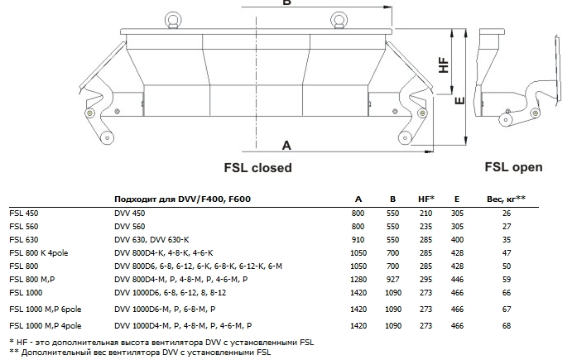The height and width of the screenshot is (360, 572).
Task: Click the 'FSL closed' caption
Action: pyautogui.click(x=257, y=167)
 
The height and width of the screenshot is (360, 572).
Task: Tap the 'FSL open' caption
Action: pyautogui.click(x=513, y=166)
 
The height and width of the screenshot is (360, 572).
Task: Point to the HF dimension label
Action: pyautogui.click(x=443, y=65)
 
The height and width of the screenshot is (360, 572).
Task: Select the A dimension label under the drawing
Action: pyautogui.click(x=286, y=145)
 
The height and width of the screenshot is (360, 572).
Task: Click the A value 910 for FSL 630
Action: pyautogui.click(x=358, y=239)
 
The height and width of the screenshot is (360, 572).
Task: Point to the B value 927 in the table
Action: pyautogui.click(x=392, y=279)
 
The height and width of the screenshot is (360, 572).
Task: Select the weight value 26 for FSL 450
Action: pyautogui.click(x=507, y=214)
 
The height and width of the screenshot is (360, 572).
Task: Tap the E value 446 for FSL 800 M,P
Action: pyautogui.click(x=457, y=279)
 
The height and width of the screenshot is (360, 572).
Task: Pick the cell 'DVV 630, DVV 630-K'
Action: pyautogui.click(x=147, y=239)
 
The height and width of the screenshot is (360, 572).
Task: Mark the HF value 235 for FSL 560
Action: pyautogui.click(x=426, y=226)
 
